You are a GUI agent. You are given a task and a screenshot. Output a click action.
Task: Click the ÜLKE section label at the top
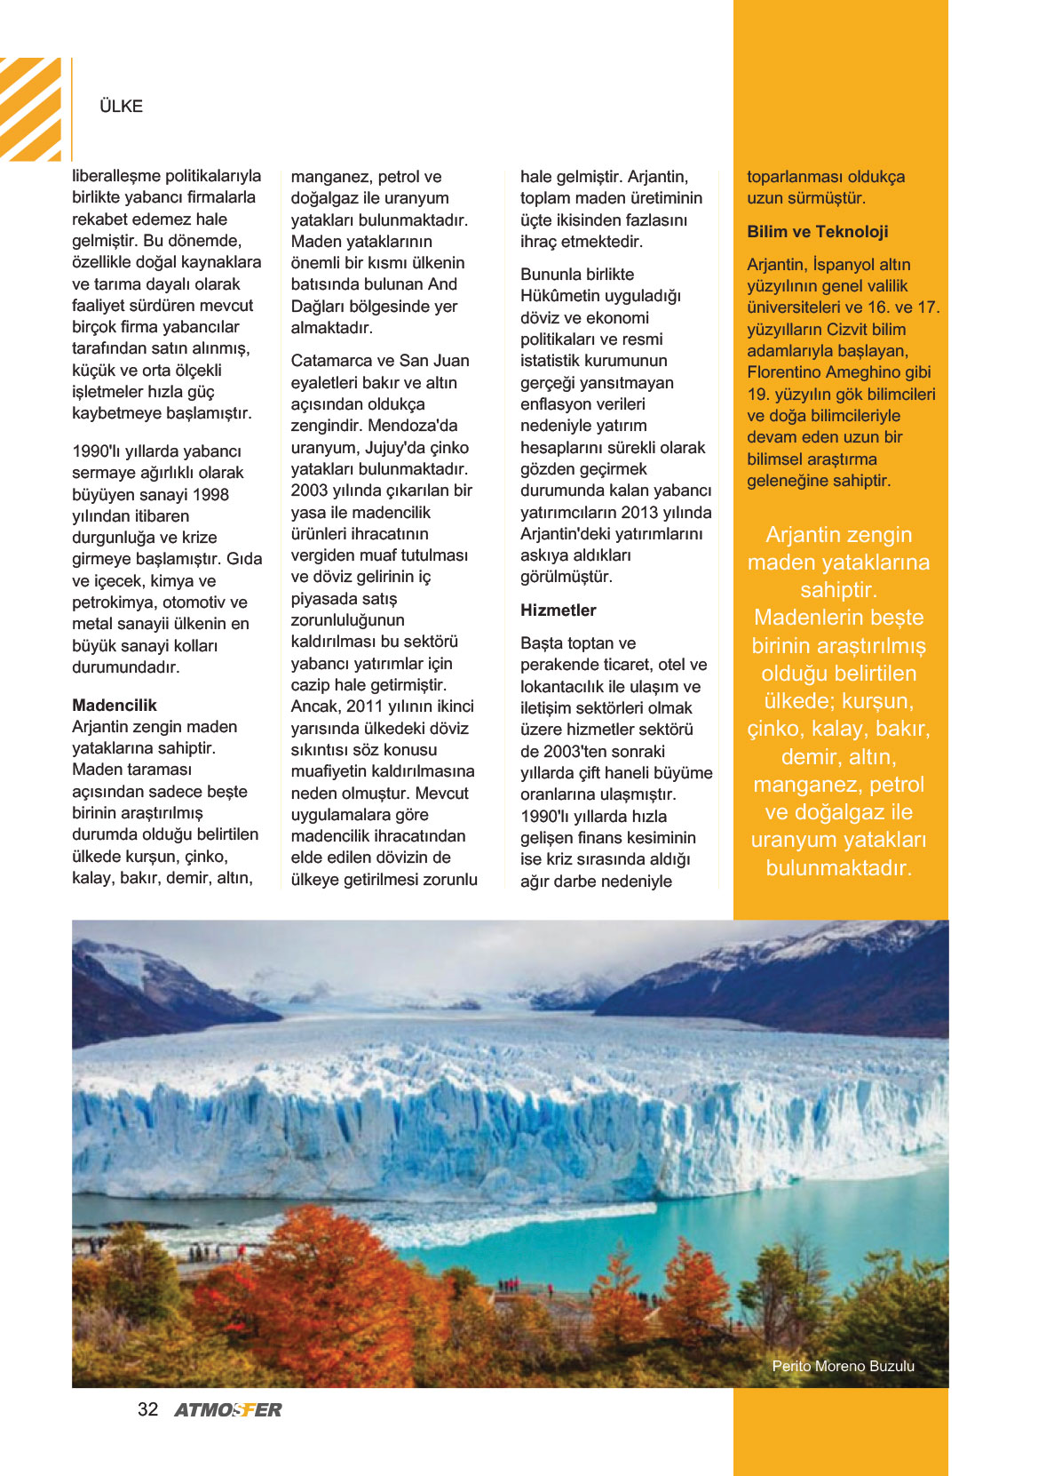coord(121,107)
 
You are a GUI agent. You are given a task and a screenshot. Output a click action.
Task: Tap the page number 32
coord(147,1409)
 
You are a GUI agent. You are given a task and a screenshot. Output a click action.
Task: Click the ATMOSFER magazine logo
coord(228,1410)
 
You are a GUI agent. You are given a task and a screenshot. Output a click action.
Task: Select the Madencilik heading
coord(115,706)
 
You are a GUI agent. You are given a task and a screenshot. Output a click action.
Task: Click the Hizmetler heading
coord(558,610)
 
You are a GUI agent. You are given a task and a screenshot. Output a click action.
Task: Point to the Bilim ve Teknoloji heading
coord(817,232)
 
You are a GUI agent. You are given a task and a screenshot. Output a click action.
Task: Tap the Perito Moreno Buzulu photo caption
coord(843,1366)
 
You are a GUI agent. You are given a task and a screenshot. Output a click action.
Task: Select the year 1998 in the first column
coord(210,495)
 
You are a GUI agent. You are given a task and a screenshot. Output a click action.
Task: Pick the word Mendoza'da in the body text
coord(413,426)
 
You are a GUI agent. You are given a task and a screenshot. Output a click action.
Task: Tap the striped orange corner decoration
coord(31,108)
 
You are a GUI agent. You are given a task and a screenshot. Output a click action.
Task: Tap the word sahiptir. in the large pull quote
coord(838,590)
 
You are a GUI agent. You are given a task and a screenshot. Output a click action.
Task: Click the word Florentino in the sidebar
coord(789,372)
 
